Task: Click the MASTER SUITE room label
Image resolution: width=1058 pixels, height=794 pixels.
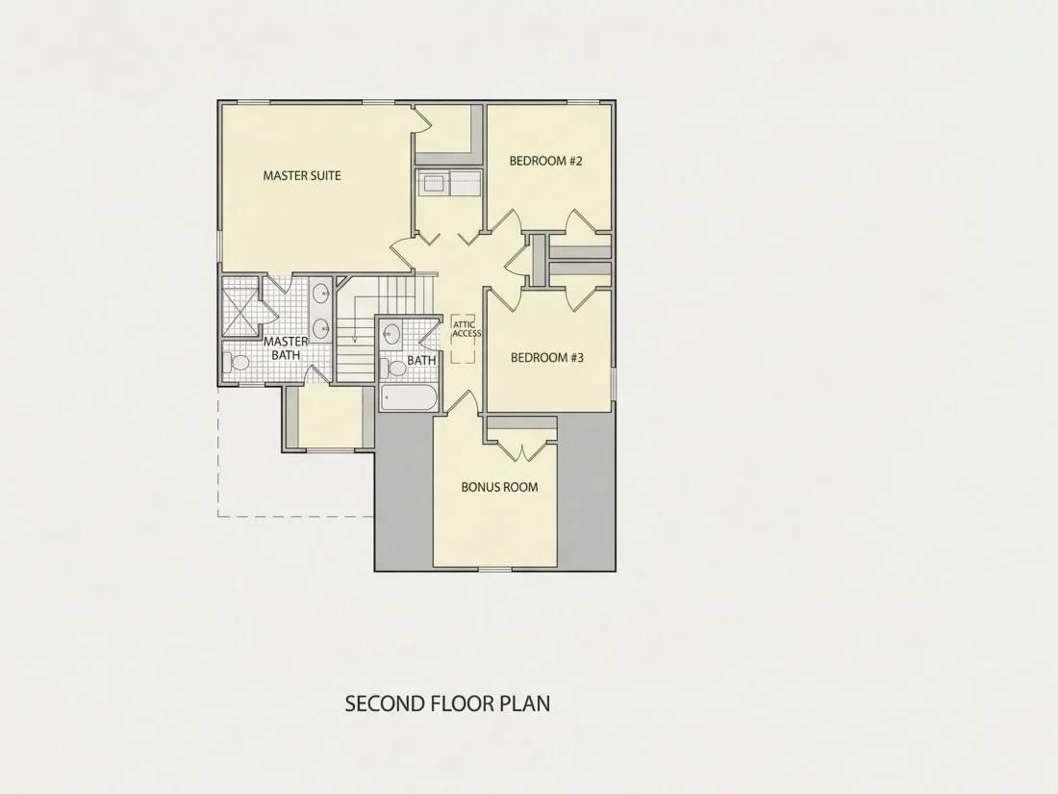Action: pyautogui.click(x=302, y=175)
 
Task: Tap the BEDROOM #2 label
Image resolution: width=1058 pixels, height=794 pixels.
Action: pyautogui.click(x=546, y=161)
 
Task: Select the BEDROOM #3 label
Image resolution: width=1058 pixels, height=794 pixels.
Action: pyautogui.click(x=547, y=357)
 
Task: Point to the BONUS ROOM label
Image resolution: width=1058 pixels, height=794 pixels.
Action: pyautogui.click(x=499, y=487)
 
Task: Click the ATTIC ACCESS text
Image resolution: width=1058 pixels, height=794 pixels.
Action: pyautogui.click(x=466, y=329)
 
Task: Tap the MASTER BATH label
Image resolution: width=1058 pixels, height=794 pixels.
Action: pyautogui.click(x=286, y=347)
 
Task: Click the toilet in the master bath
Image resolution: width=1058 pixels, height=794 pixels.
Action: pyautogui.click(x=237, y=363)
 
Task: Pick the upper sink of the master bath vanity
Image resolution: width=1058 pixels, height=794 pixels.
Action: pyautogui.click(x=321, y=293)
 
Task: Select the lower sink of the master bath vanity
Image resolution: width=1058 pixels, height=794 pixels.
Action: pyautogui.click(x=321, y=328)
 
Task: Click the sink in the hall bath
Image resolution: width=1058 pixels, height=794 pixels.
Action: pyautogui.click(x=390, y=333)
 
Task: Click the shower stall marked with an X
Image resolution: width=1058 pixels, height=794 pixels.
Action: pyautogui.click(x=240, y=312)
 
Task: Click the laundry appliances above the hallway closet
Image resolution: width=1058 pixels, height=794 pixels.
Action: pyautogui.click(x=449, y=183)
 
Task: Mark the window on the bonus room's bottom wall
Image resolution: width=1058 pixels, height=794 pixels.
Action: pyautogui.click(x=495, y=570)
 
